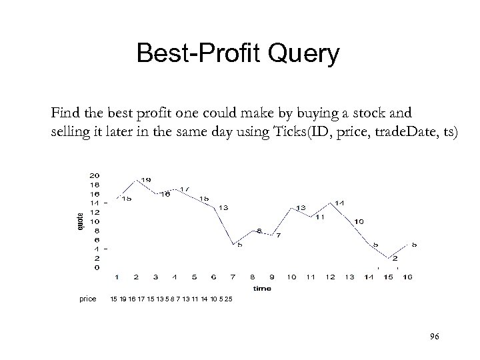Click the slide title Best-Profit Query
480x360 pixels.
pyautogui.click(x=238, y=53)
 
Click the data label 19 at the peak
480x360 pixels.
pyautogui.click(x=145, y=179)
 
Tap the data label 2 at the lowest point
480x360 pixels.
pyautogui.click(x=395, y=258)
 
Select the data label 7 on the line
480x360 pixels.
pyautogui.click(x=278, y=235)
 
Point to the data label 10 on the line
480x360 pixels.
pyautogui.click(x=359, y=221)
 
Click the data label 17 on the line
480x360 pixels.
pyautogui.click(x=185, y=189)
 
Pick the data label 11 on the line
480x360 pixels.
pyautogui.click(x=321, y=217)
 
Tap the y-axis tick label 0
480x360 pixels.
pyautogui.click(x=96, y=267)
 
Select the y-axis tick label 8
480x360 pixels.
pyautogui.click(x=96, y=230)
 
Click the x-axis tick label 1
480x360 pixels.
pyautogui.click(x=117, y=276)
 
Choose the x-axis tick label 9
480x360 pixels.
pyautogui.click(x=272, y=276)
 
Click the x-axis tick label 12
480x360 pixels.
pyautogui.click(x=330, y=276)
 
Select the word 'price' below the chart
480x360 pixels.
pyautogui.click(x=88, y=298)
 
